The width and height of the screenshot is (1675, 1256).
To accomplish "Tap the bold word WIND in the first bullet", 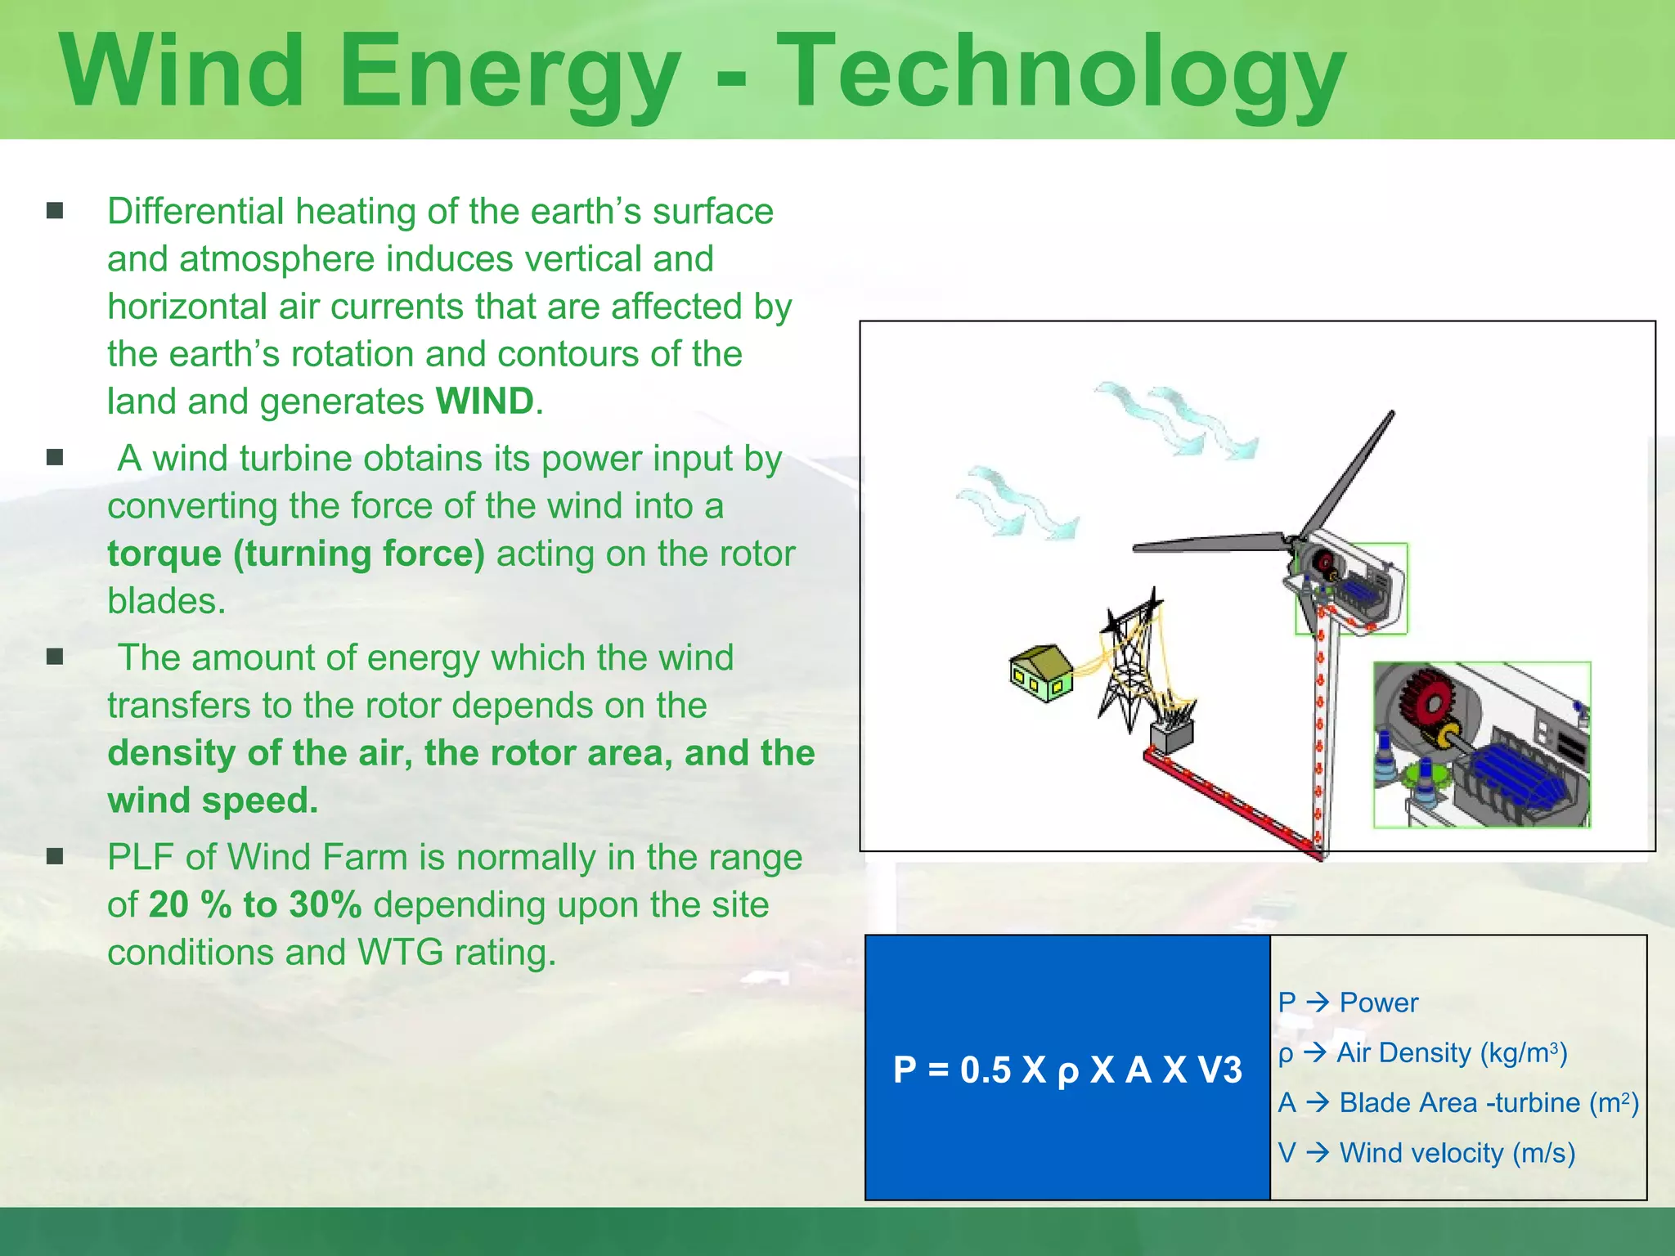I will click(485, 401).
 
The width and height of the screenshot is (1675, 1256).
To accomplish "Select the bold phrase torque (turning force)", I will click(296, 554).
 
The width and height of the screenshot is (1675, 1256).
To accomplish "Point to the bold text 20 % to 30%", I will click(255, 905).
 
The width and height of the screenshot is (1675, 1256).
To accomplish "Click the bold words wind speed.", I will click(213, 801).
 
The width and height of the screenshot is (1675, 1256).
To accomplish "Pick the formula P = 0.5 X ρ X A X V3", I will click(1067, 1070).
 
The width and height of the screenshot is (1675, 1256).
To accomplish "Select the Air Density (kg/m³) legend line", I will click(1423, 1052).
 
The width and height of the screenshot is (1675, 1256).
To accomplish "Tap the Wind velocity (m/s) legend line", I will click(1426, 1153).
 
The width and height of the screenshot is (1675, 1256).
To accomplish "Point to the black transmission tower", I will click(1129, 662).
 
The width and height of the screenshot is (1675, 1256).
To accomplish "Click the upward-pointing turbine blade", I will click(1349, 474).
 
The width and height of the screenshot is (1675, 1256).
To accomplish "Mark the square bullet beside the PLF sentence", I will click(55, 857).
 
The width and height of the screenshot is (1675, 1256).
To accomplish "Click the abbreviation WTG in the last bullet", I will click(401, 953).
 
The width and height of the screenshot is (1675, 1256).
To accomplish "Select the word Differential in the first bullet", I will click(195, 212).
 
